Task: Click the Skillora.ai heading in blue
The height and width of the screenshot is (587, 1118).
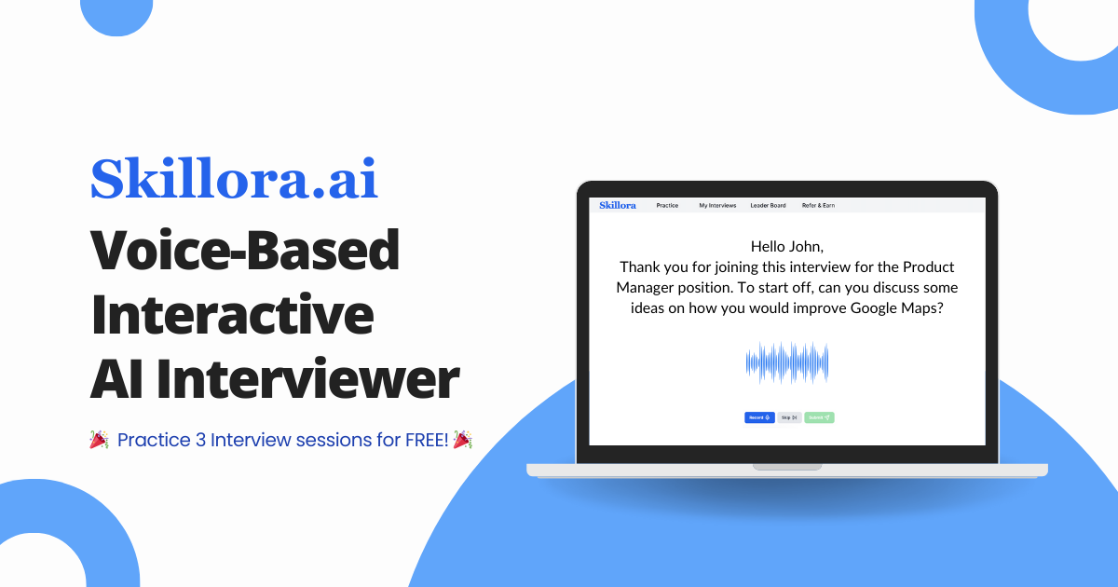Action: [234, 179]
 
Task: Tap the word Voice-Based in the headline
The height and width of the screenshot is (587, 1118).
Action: [245, 252]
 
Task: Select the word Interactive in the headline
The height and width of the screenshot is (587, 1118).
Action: [232, 315]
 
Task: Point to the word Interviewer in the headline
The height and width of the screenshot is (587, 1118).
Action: [307, 379]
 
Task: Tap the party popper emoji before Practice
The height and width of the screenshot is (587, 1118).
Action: [99, 440]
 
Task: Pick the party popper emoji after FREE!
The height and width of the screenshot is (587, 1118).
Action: [462, 440]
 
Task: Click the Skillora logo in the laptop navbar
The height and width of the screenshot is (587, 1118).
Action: [618, 205]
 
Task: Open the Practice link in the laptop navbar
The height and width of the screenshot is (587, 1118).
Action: [667, 205]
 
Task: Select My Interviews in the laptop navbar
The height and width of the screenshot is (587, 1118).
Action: [717, 205]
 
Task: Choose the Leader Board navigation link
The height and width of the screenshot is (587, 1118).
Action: [768, 205]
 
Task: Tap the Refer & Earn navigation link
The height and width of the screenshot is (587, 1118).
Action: [818, 205]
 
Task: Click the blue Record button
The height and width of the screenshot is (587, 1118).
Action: [759, 417]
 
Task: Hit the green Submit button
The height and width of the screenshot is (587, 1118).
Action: [819, 417]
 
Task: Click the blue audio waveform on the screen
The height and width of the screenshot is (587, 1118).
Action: [787, 363]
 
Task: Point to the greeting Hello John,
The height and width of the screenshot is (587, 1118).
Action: [787, 246]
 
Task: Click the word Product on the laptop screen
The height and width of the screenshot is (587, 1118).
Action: [929, 266]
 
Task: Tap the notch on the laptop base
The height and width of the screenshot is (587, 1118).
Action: [787, 466]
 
